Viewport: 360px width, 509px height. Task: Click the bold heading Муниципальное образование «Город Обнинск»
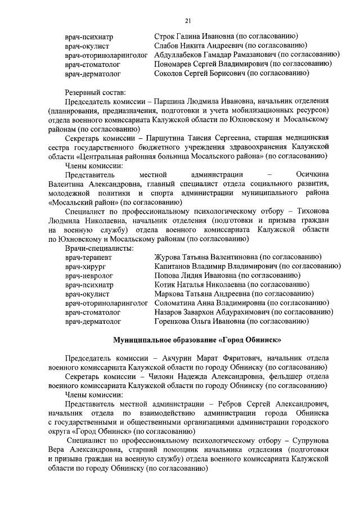pyautogui.click(x=196, y=340)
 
